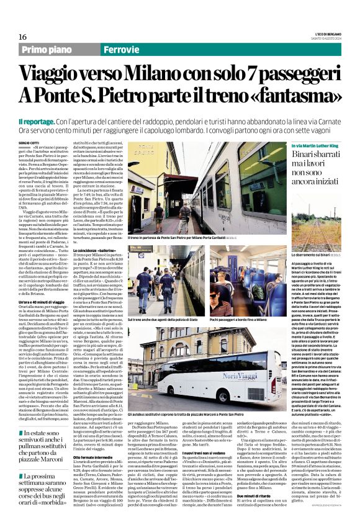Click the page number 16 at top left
tap(22, 37)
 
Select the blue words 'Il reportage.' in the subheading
tap(37, 119)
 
